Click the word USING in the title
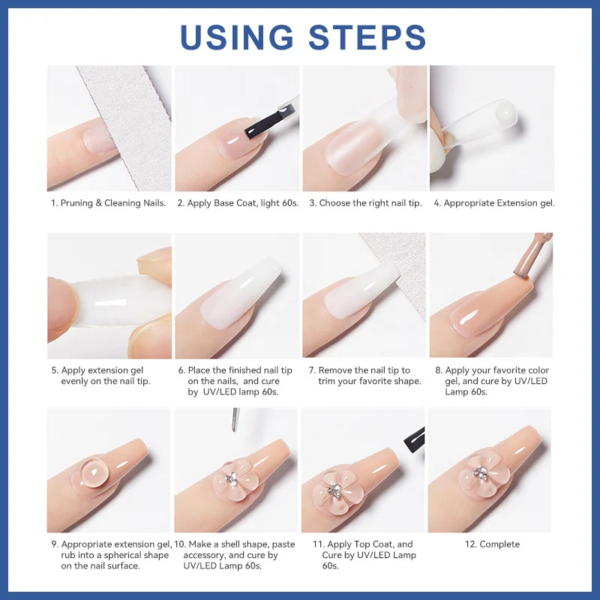pyautogui.click(x=236, y=37)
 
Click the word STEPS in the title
pyautogui.click(x=367, y=37)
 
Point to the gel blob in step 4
pyautogui.click(x=505, y=112)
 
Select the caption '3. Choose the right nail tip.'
pyautogui.click(x=365, y=203)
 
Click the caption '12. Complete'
pyautogui.click(x=492, y=544)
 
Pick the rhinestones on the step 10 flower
pyautogui.click(x=231, y=478)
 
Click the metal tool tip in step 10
pyautogui.click(x=235, y=419)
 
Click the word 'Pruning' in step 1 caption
pyautogui.click(x=76, y=203)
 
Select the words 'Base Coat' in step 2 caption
pyautogui.click(x=232, y=203)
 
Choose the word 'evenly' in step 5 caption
pyautogui.click(x=74, y=381)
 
